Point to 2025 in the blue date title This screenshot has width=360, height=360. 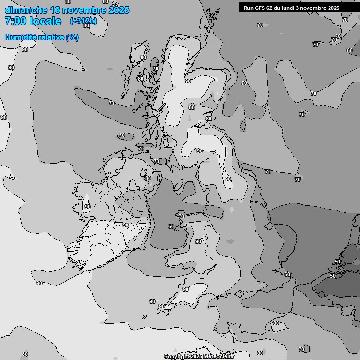[x=119, y=10]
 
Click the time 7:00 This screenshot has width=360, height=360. [x=17, y=21]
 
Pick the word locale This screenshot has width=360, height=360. [x=46, y=21]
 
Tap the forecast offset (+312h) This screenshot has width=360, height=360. [x=83, y=21]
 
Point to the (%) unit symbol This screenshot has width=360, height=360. [x=72, y=37]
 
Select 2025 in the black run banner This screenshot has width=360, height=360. [x=334, y=8]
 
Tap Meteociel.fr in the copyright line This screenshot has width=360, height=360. [x=218, y=356]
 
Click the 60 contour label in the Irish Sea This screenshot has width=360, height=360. [x=171, y=226]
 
